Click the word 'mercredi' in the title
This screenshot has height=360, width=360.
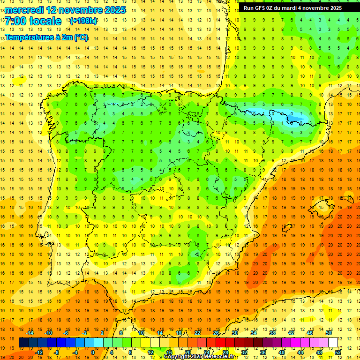click(x=23, y=10)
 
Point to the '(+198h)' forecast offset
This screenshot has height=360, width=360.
click(x=83, y=21)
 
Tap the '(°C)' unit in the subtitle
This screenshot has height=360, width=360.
click(x=81, y=37)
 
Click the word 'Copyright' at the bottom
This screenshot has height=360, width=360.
click(x=178, y=357)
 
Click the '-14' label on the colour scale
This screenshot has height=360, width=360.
click(x=30, y=333)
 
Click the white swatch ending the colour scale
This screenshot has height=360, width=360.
click(x=333, y=343)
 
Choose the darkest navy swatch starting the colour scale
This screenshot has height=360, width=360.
click(x=23, y=343)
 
